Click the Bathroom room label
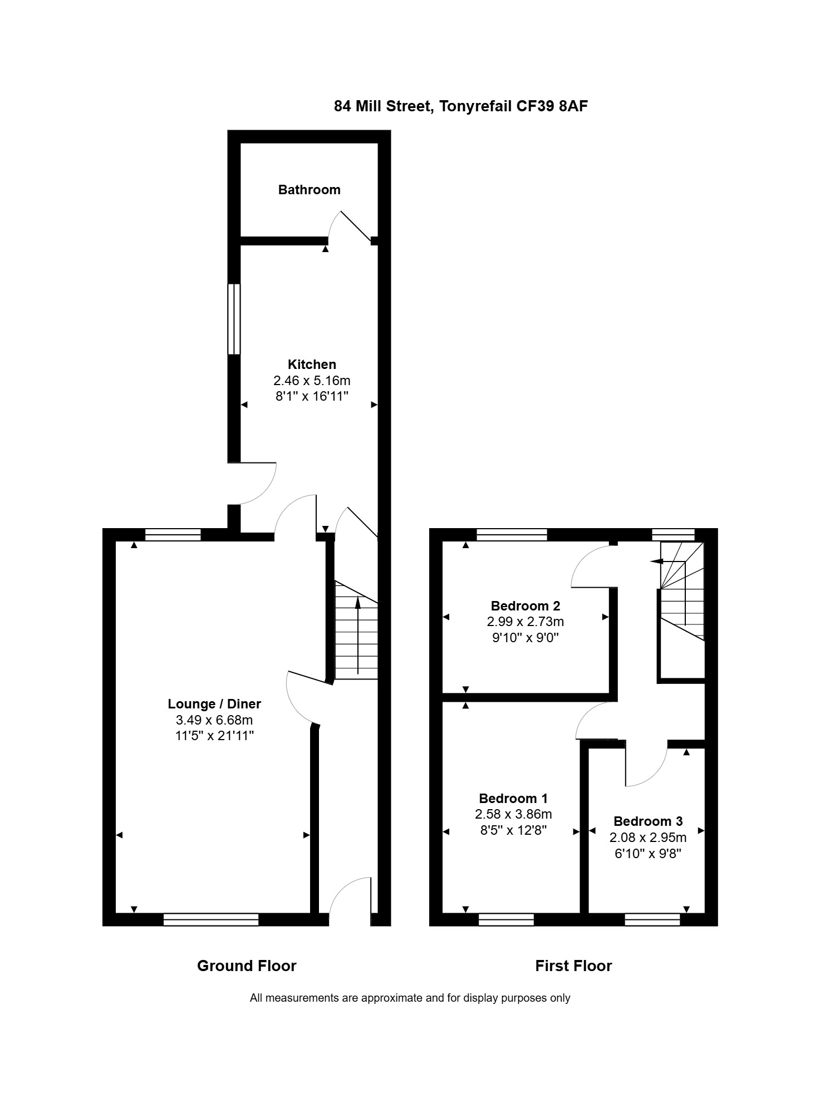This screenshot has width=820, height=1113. click(x=309, y=190)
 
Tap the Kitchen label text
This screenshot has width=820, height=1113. click(x=312, y=365)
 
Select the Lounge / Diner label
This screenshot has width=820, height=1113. click(x=214, y=704)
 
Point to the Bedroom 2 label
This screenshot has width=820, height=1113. click(x=526, y=606)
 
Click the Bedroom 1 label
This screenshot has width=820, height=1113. click(x=513, y=799)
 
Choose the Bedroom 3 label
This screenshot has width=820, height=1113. click(x=648, y=821)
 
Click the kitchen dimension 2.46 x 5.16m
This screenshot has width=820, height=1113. click(x=312, y=381)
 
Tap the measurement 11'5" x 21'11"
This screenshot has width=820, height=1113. click(x=214, y=736)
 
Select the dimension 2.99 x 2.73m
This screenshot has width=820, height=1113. click(x=526, y=622)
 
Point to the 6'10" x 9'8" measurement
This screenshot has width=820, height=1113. click(x=648, y=853)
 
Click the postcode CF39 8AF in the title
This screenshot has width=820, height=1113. click(x=552, y=106)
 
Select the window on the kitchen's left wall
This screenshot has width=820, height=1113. click(x=234, y=319)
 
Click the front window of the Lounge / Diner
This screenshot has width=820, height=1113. click(x=211, y=919)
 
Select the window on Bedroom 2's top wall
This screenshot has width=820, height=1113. click(x=512, y=535)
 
